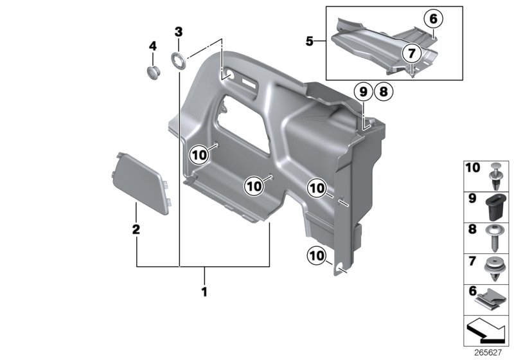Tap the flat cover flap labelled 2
tap(141, 181)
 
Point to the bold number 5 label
tap(310, 42)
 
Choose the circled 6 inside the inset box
tap(433, 19)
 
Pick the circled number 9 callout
tap(362, 92)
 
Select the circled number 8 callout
tap(383, 92)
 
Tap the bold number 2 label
tap(136, 229)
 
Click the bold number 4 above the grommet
tap(153, 46)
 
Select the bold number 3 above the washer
tap(179, 32)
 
